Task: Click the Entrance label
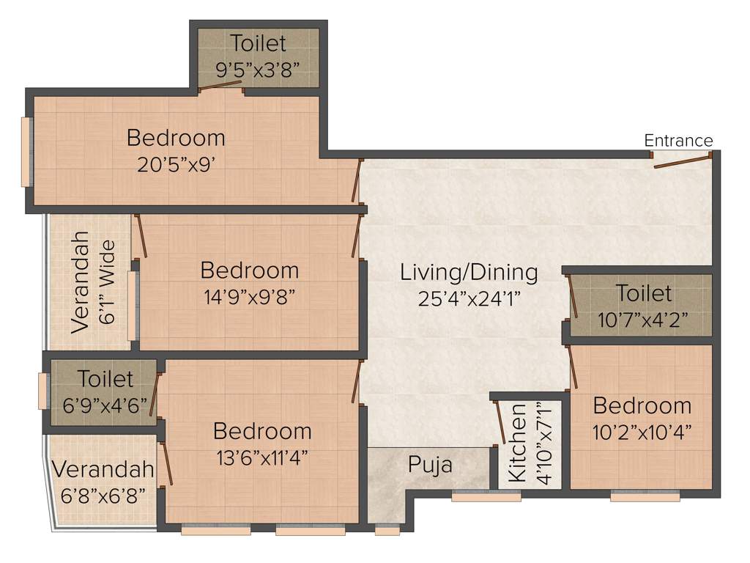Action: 678,140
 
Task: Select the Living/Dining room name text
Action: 469,273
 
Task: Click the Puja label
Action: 430,466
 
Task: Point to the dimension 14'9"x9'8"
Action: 250,297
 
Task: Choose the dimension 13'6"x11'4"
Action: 262,457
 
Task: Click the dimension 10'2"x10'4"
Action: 642,431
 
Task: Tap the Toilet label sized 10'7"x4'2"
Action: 644,294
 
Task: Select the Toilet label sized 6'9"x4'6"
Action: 106,379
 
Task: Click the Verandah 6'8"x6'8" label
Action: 103,469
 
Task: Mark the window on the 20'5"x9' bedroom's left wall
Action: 26,152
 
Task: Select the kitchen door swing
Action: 498,423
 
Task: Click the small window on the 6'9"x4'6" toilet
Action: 43,391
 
